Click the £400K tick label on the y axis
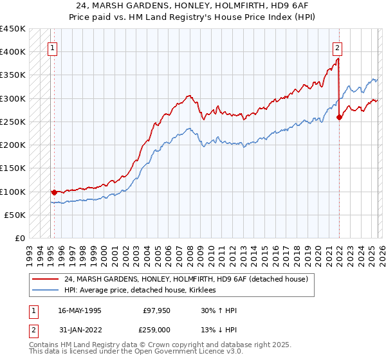pos(13,51)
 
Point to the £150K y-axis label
pos(13,168)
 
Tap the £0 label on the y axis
pos(19,239)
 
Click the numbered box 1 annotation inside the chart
pos(52,47)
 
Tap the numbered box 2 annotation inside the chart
pos(337,47)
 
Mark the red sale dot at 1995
pos(54,192)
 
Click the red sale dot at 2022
pos(339,117)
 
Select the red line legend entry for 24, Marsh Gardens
pos(186,279)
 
